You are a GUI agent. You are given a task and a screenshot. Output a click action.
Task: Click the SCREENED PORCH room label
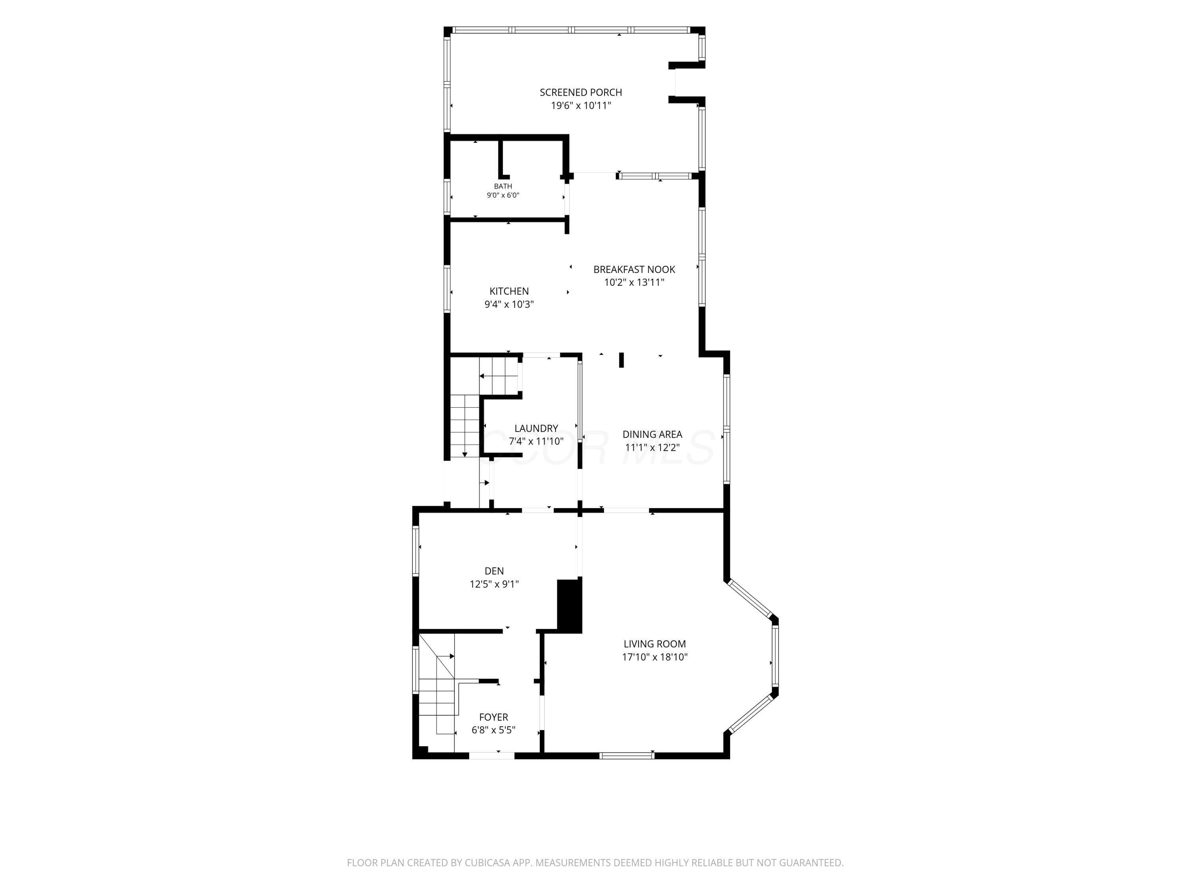click(x=581, y=92)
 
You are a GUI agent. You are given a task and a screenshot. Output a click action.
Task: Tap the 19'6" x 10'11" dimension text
click(x=581, y=106)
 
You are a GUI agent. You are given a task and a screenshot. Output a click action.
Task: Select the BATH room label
click(x=503, y=186)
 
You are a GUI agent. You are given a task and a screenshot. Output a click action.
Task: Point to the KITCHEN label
click(x=509, y=291)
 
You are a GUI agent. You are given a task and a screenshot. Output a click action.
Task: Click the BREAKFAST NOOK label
click(x=634, y=269)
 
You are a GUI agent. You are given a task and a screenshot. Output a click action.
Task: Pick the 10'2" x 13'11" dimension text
click(x=634, y=283)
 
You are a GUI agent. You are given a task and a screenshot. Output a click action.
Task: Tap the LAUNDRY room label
click(x=536, y=429)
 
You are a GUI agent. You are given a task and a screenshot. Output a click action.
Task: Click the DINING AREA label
click(x=652, y=434)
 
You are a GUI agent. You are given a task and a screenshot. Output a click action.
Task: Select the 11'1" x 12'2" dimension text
click(x=652, y=447)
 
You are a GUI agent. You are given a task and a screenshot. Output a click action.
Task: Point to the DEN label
click(x=494, y=571)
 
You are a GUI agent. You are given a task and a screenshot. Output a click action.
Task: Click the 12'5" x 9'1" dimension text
click(x=494, y=584)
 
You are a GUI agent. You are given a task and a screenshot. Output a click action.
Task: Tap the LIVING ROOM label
click(x=655, y=644)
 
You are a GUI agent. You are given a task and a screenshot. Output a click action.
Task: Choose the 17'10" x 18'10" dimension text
click(x=655, y=657)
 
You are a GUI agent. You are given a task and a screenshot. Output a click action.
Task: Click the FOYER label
click(x=494, y=717)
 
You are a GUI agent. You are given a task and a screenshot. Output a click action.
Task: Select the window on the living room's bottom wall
click(x=627, y=755)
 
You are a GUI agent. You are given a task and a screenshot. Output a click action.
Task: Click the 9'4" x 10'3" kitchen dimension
click(x=509, y=304)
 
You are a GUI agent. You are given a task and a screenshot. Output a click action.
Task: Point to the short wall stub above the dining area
click(x=621, y=360)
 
